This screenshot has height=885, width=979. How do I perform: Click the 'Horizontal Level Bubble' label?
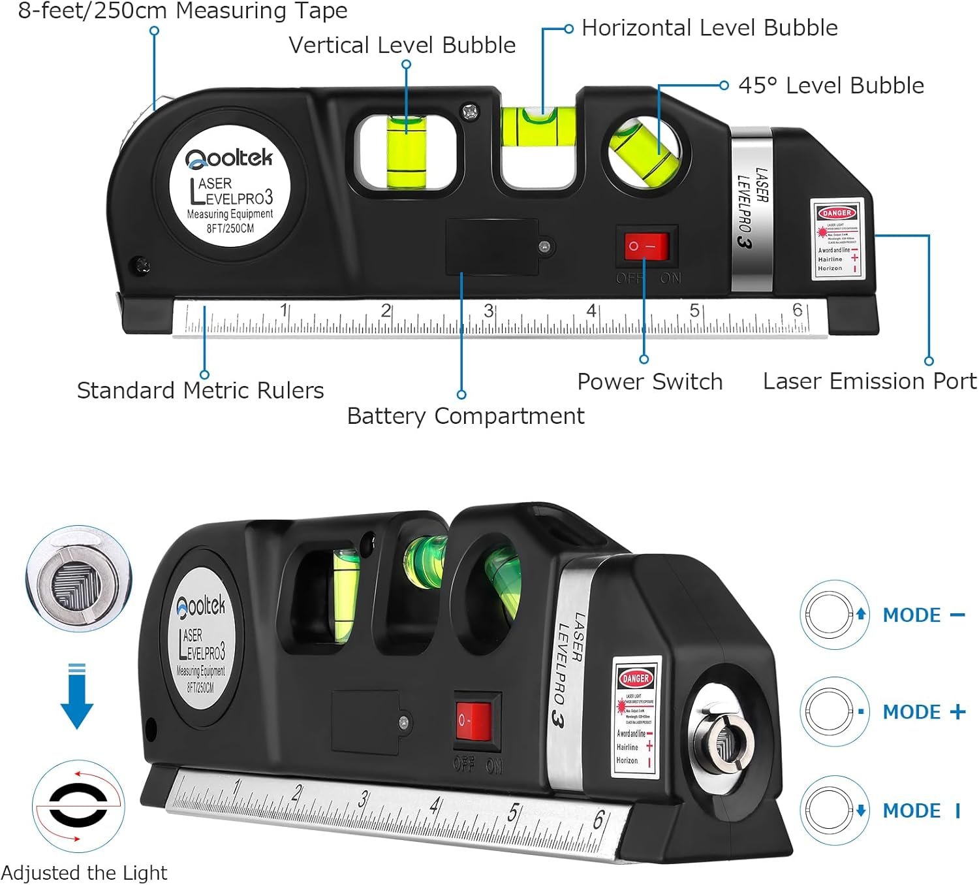point(709,28)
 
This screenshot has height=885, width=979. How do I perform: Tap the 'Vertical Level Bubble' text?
point(402,45)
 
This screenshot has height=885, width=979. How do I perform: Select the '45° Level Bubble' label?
point(831,86)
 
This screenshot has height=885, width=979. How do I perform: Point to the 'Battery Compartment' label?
point(465,416)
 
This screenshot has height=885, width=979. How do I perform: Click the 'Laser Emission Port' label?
point(869,381)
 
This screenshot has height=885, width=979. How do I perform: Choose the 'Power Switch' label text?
point(650,382)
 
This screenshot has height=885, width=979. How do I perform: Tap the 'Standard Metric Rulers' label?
point(200,391)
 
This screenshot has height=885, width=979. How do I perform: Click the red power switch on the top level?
point(646,246)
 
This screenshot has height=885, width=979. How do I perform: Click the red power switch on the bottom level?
point(473,721)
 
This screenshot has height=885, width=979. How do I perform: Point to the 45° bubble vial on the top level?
point(645,152)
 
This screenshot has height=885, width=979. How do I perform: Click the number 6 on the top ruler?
point(797,309)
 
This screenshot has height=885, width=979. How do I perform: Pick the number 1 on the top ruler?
point(284,309)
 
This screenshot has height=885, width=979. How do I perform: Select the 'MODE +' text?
point(923,712)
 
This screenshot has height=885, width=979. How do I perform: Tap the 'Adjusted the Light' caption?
point(84,873)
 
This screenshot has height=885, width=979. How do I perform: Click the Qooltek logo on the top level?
point(228,159)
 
